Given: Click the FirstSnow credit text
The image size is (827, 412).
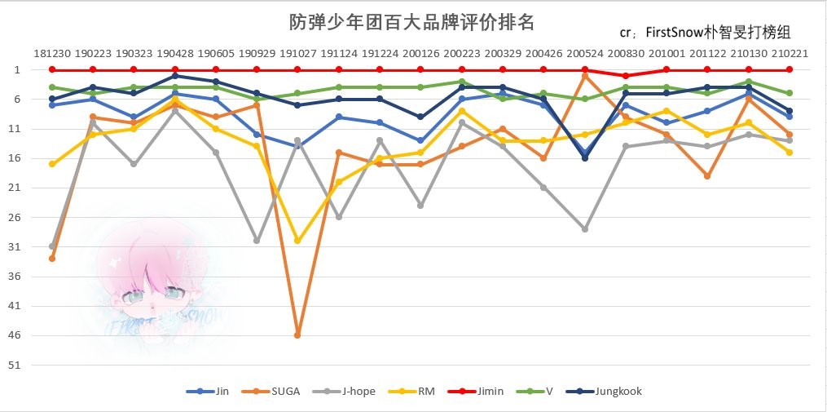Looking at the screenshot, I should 705,33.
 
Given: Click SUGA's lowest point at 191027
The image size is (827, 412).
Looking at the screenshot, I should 297,335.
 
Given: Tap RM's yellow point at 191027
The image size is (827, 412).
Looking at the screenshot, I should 297,241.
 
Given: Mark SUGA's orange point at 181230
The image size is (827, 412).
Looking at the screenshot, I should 52,259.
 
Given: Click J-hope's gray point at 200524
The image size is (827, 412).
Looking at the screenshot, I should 584,229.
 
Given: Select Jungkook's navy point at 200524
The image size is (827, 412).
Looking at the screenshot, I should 584,158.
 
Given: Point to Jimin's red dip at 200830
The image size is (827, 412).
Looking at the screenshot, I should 625,76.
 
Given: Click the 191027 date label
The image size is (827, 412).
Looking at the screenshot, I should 297,53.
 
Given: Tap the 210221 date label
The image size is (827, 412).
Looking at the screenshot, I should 789,53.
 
